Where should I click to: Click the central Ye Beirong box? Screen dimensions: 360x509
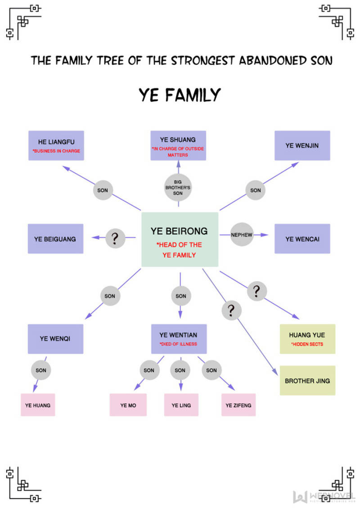click(180, 239)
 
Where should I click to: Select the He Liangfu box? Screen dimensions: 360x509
click(56, 145)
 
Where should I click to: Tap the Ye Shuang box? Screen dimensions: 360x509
click(178, 145)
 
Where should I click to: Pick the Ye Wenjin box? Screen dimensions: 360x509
click(302, 145)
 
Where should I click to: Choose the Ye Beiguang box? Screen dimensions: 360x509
click(55, 239)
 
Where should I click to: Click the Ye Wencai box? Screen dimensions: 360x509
click(302, 239)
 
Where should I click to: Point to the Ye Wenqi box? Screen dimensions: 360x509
click(55, 339)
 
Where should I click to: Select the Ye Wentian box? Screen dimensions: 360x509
click(179, 339)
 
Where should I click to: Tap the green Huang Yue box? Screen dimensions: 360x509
click(307, 339)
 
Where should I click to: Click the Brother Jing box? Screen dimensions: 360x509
click(307, 380)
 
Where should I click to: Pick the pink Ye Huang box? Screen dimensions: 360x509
click(38, 405)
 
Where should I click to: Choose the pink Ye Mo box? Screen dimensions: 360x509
click(128, 405)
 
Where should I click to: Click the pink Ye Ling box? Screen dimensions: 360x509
click(181, 405)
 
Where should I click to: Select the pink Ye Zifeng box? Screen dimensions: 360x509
click(238, 405)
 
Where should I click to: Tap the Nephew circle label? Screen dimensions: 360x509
click(242, 235)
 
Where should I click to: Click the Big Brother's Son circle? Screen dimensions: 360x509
click(178, 188)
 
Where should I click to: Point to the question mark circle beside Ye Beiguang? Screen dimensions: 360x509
click(115, 238)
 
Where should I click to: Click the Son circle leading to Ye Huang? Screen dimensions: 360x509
click(41, 370)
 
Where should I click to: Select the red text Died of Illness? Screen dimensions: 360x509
click(178, 344)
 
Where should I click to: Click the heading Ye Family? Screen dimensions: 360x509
click(180, 95)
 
